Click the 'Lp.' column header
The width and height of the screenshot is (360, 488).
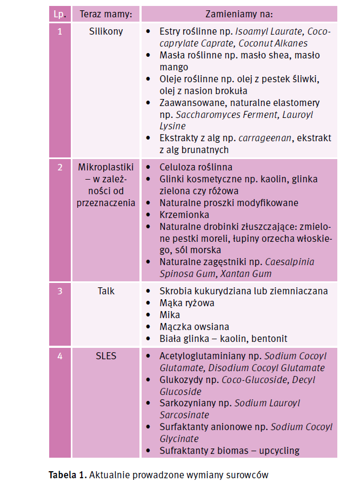(59, 14)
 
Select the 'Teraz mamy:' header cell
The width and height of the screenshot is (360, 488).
(106, 14)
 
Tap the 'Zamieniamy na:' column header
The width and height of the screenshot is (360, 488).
(239, 14)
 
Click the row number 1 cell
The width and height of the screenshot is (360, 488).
(59, 31)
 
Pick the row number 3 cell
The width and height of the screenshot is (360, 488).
(59, 291)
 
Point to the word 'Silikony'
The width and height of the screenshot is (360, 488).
(106, 31)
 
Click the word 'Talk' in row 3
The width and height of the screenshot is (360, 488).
(106, 291)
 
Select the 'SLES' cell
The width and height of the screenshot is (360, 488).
(106, 356)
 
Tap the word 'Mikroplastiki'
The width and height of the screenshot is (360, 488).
(106, 167)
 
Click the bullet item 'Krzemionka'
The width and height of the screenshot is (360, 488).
(183, 215)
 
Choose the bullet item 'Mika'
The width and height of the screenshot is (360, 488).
(170, 315)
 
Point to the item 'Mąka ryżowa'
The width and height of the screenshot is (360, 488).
(186, 303)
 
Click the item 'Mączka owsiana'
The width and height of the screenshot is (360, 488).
(194, 327)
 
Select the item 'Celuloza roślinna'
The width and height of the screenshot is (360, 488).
(196, 167)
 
